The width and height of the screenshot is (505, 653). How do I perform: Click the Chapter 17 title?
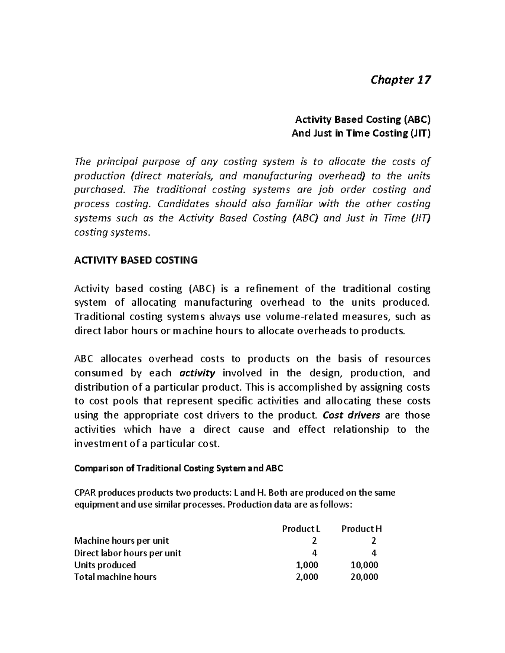400,80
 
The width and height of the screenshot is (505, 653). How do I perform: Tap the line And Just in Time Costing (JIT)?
361,133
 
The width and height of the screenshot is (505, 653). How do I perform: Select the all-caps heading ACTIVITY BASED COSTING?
136,260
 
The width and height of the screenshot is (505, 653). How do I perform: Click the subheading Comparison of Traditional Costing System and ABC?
178,468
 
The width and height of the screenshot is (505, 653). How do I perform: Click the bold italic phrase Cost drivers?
351,415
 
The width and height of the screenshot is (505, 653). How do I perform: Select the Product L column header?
298,529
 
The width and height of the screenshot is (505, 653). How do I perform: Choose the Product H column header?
361,529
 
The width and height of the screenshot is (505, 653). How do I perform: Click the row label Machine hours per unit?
121,541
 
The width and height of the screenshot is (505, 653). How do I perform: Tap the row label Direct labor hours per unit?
128,553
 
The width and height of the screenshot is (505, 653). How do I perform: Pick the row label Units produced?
105,565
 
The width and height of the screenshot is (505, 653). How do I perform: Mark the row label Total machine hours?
115,577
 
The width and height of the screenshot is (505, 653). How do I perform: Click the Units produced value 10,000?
364,565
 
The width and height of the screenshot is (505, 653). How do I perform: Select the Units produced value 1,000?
307,565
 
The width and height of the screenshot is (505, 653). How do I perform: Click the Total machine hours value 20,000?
364,577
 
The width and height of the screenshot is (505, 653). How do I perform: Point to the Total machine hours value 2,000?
307,577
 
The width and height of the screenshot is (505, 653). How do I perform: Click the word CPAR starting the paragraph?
84,492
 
